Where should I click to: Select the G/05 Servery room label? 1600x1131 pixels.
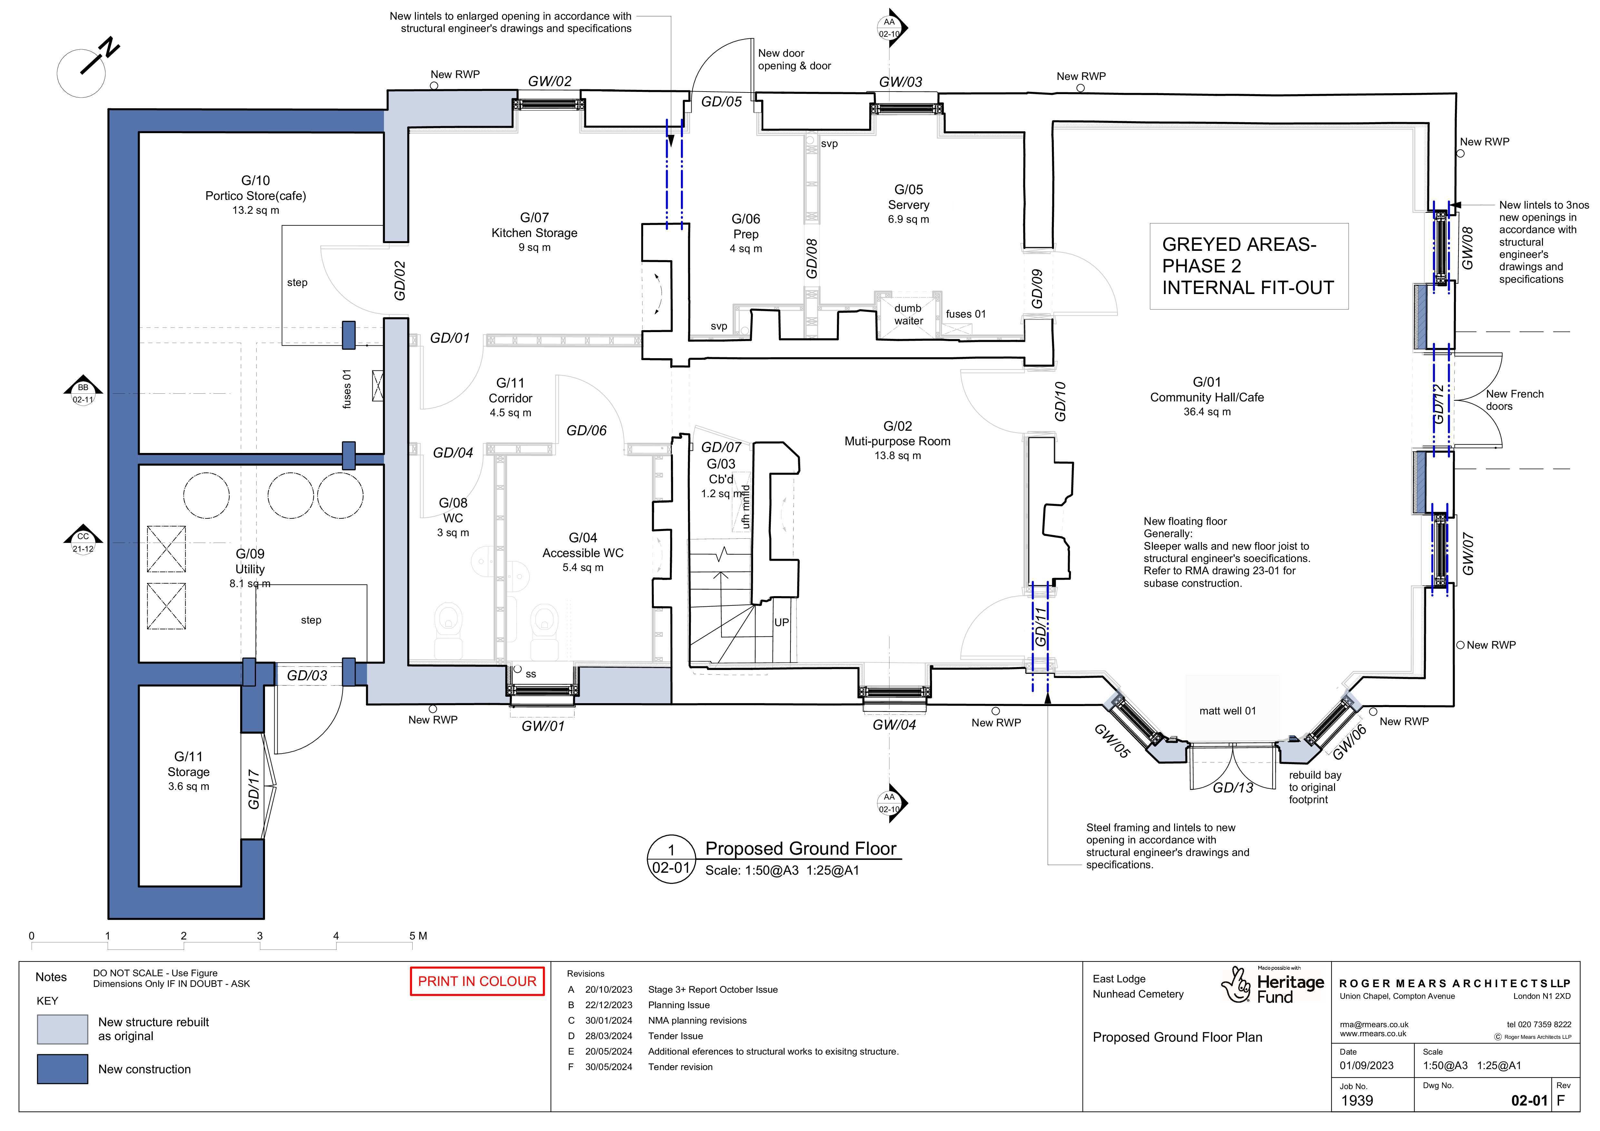click(909, 203)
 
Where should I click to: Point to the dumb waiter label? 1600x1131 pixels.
click(908, 314)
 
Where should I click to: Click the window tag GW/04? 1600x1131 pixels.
click(894, 725)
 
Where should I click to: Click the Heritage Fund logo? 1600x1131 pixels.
click(1272, 985)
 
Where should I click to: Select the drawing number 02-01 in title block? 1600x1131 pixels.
click(1529, 1101)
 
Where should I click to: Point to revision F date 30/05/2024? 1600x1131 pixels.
click(608, 1067)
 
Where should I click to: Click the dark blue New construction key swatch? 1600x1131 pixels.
click(63, 1069)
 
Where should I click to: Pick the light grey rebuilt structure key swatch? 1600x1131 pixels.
click(63, 1029)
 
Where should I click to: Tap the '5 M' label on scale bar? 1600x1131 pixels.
click(418, 936)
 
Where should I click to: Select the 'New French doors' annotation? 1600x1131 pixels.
click(1514, 400)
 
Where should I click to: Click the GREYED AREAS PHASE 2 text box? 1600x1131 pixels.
click(1249, 266)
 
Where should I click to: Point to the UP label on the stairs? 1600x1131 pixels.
click(782, 622)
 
